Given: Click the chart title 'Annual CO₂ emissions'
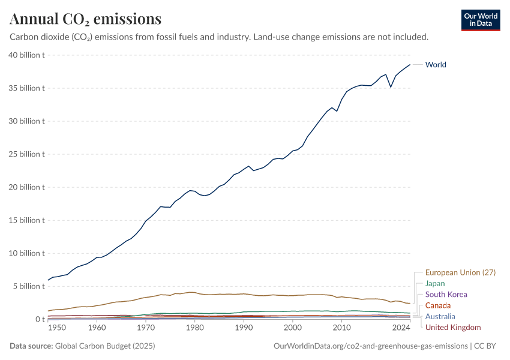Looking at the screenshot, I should (85, 19).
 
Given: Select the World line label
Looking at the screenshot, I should (436, 65).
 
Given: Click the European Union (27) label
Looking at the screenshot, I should (460, 272).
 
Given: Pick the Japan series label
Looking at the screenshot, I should (435, 284).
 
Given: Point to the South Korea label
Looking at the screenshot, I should (446, 295).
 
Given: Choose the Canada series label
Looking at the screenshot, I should (437, 305).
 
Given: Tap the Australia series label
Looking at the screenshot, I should (440, 316).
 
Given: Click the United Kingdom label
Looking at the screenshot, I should (453, 327).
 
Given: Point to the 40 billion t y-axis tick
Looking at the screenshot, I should (27, 55).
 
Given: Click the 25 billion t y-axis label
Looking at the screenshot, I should (27, 154).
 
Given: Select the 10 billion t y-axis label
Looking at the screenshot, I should (27, 253).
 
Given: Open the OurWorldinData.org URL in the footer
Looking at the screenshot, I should (370, 346).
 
